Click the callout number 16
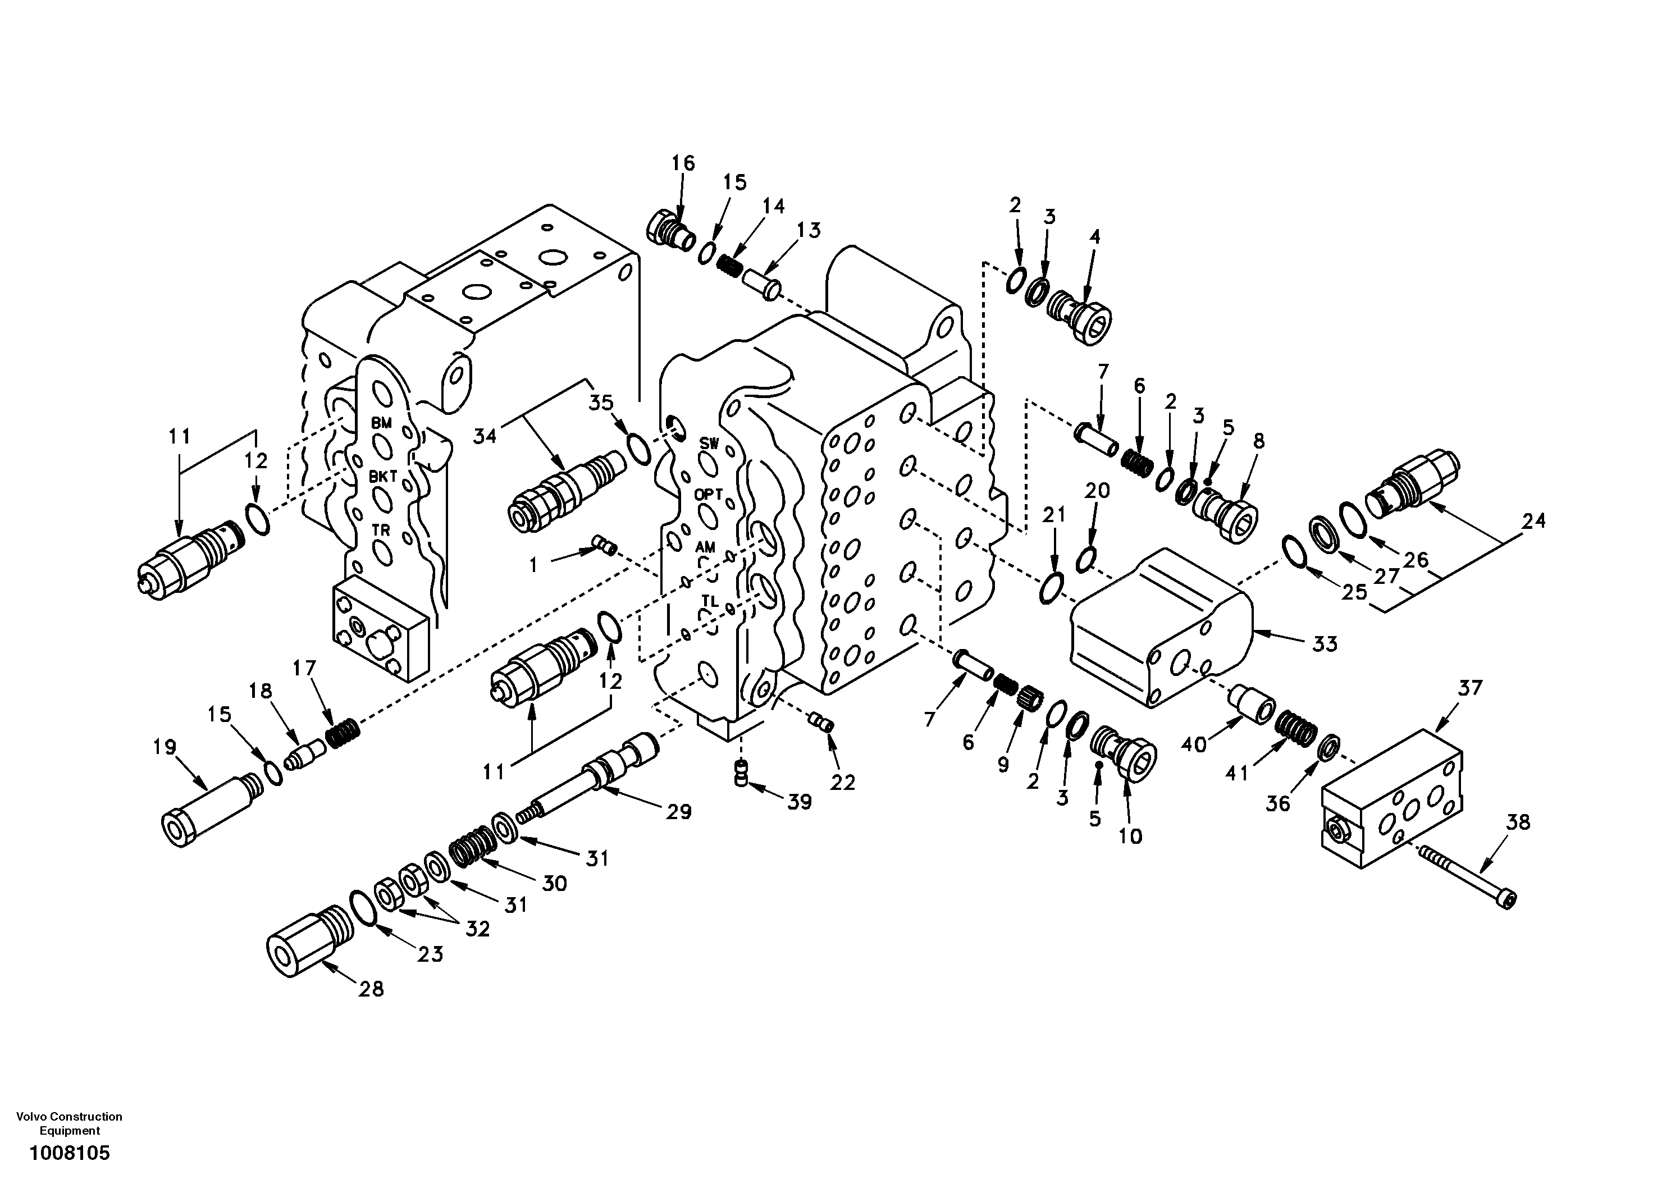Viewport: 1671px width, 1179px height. [683, 162]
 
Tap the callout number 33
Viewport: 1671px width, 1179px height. [1325, 643]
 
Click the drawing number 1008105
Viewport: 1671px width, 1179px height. [69, 1153]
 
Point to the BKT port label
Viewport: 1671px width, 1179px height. [383, 477]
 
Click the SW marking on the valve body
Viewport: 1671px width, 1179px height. [709, 443]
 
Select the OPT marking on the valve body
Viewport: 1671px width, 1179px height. [708, 494]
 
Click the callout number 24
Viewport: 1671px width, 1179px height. [1533, 521]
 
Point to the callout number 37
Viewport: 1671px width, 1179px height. [1470, 688]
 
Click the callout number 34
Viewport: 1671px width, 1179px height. [485, 436]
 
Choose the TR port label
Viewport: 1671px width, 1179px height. [381, 530]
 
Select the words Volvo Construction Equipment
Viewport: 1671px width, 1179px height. [69, 1123]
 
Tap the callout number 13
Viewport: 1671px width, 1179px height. [808, 231]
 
